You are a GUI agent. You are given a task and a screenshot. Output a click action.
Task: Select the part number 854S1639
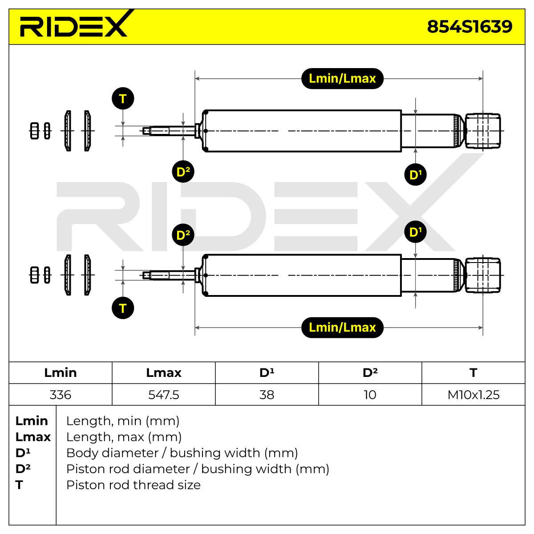pyautogui.click(x=469, y=27)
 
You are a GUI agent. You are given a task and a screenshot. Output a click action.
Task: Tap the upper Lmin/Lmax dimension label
pyautogui.click(x=342, y=78)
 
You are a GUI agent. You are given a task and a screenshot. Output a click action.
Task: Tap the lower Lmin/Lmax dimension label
pyautogui.click(x=342, y=327)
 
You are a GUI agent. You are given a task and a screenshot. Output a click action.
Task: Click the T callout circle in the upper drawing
pyautogui.click(x=123, y=99)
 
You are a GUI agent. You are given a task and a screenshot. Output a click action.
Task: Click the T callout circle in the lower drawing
pyautogui.click(x=123, y=308)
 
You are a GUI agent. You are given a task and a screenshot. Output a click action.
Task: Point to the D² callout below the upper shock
pyautogui.click(x=183, y=171)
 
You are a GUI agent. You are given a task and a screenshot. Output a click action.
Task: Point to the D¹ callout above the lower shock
pyautogui.click(x=415, y=231)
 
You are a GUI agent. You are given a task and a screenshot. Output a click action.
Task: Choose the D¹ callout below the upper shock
pyautogui.click(x=415, y=174)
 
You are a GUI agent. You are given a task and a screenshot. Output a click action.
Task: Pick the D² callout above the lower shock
pyautogui.click(x=183, y=235)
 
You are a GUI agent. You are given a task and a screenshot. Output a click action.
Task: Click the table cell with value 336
pyautogui.click(x=61, y=395)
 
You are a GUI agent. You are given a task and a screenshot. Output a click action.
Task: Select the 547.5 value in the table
pyautogui.click(x=164, y=395)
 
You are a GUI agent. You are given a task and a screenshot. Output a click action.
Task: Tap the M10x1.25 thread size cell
pyautogui.click(x=473, y=395)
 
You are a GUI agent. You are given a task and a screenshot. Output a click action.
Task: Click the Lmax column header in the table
pyautogui.click(x=164, y=373)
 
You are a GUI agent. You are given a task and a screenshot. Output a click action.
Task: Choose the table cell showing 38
pyautogui.click(x=267, y=395)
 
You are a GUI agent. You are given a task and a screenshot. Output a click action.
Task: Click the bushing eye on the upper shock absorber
pyautogui.click(x=483, y=131)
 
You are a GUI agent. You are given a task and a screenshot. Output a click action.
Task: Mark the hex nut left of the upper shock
pyautogui.click(x=34, y=131)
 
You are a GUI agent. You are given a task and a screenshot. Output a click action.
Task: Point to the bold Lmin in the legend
pyautogui.click(x=32, y=421)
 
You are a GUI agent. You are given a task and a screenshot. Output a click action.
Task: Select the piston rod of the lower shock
pyautogui.click(x=170, y=275)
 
